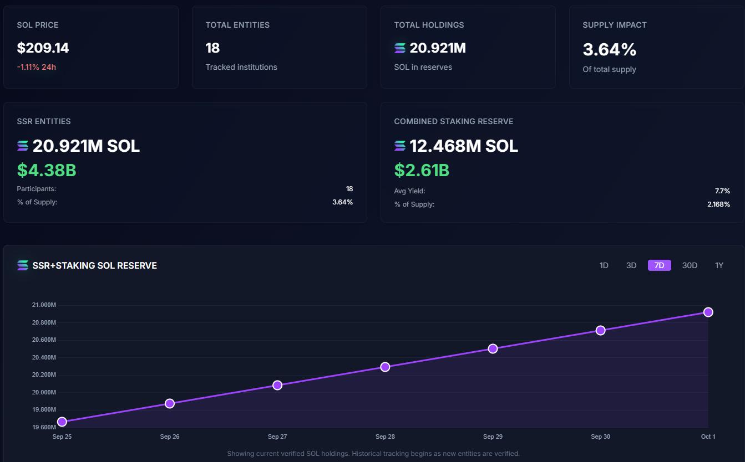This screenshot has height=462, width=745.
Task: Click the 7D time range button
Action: coord(659,265)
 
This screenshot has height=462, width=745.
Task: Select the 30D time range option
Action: coord(690,265)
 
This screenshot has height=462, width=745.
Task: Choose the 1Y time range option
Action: coord(719,265)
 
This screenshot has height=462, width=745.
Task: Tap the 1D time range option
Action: coord(604,265)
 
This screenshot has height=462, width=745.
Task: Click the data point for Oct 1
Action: coord(708,312)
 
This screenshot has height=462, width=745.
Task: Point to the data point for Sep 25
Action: coord(62,422)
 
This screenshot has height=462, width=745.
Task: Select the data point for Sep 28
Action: coord(385,367)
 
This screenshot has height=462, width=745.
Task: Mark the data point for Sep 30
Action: coord(600,330)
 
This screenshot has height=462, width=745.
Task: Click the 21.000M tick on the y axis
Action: coord(44,305)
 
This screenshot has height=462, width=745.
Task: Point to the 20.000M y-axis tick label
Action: coord(44,392)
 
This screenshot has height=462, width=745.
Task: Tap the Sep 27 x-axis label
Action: coord(277,437)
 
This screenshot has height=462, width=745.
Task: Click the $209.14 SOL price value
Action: coord(43,48)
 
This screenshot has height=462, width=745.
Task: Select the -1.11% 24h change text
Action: coord(36,67)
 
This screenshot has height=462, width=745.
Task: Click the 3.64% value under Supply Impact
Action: coord(609,50)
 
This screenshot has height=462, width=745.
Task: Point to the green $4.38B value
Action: coord(47,170)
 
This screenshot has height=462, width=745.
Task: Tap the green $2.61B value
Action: coord(422,170)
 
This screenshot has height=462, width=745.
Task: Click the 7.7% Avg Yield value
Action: coord(722,191)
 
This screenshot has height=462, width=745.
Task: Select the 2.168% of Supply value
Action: coord(718,204)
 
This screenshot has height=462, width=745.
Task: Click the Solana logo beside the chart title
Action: coord(23,265)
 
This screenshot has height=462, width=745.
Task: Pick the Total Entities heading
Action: coord(237,25)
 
